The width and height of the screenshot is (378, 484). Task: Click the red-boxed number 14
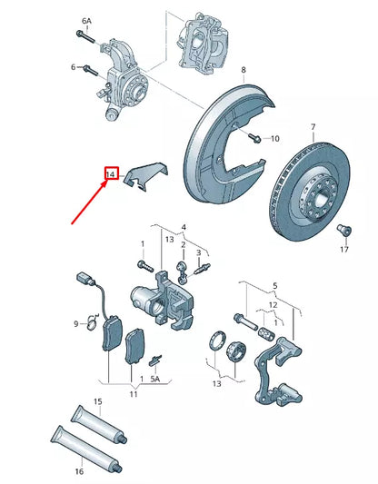coord(111,173)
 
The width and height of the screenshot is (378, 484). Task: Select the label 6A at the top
coord(86,20)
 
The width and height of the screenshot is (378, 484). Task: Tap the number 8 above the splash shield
coord(244,70)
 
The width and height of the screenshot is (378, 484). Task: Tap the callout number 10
coord(275,139)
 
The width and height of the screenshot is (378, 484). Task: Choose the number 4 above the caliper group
coord(183,226)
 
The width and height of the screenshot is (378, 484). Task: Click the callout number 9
coord(76,322)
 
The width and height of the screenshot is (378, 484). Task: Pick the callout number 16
coord(78,472)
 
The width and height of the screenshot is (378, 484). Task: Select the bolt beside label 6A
coord(83,37)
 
